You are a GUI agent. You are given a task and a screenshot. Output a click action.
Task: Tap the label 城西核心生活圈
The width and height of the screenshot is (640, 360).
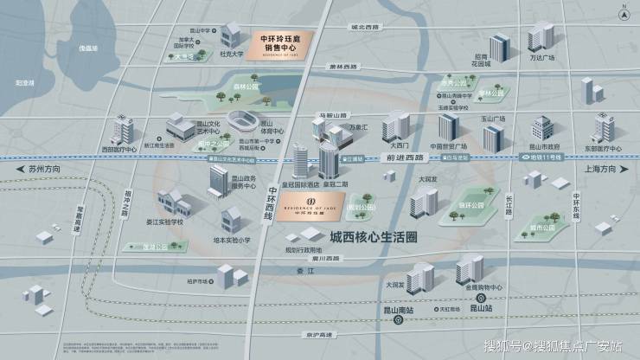pyautogui.click(x=372, y=236)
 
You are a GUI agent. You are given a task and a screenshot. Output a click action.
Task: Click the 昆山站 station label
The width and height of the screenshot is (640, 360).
pyautogui.click(x=475, y=307)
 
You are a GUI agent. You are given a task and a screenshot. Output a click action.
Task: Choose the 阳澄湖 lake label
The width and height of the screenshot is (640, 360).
pyautogui.click(x=26, y=84)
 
